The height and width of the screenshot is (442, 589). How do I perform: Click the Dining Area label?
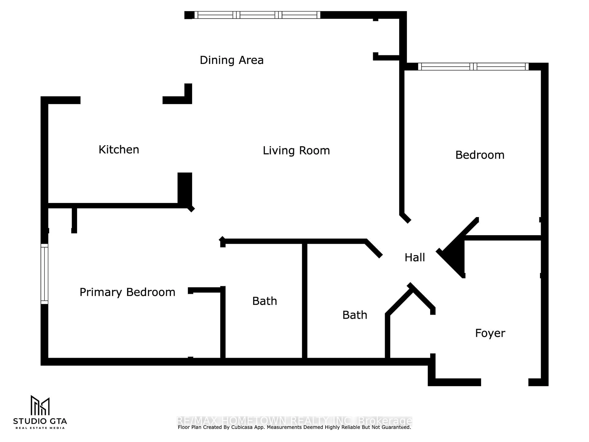point(231,60)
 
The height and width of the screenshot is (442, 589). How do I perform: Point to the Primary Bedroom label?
point(127,292)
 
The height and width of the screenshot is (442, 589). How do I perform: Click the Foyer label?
point(490,333)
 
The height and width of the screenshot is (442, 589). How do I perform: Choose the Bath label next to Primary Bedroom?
point(264,301)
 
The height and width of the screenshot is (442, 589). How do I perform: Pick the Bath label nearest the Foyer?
point(354,315)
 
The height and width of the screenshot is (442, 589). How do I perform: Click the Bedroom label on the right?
point(480,155)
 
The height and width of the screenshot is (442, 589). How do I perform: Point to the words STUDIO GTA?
point(40,421)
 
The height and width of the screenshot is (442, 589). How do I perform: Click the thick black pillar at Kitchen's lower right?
point(185,189)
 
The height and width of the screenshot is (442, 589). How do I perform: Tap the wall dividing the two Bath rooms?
point(305,301)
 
